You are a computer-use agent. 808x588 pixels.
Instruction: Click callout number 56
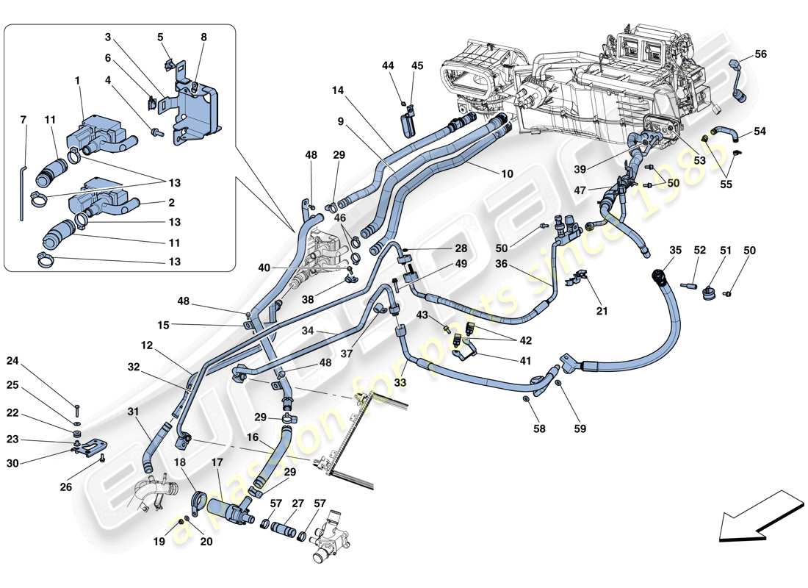point(760,54)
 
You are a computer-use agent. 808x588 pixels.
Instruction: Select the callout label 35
point(675,251)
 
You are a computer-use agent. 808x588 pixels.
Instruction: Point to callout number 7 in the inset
point(23,119)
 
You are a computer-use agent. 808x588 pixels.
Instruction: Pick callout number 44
point(388,66)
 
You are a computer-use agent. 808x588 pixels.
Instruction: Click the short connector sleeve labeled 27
point(283,530)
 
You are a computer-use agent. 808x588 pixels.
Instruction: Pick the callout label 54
point(760,132)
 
